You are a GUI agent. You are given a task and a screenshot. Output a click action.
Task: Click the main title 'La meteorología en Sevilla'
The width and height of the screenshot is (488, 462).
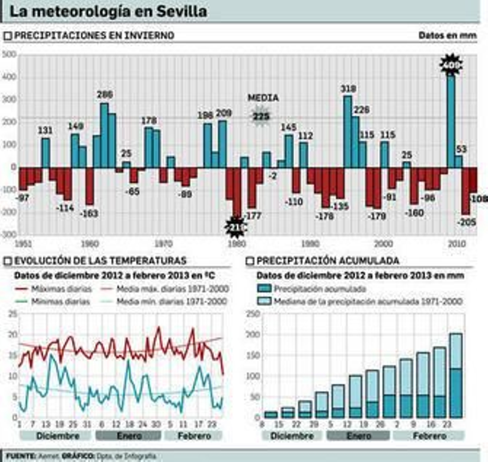[108, 12]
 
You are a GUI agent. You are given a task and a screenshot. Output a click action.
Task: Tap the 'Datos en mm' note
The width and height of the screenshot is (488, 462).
[447, 35]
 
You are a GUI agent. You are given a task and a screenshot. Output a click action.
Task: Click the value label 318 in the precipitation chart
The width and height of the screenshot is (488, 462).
[348, 89]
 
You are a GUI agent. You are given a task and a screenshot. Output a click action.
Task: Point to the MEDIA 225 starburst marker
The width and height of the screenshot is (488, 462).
[261, 116]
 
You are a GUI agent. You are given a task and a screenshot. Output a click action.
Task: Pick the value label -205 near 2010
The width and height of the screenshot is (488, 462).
[466, 222]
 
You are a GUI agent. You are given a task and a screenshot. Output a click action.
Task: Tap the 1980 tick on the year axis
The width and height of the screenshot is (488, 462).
[237, 244]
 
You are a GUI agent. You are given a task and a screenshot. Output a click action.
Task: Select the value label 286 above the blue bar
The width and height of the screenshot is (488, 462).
[105, 95]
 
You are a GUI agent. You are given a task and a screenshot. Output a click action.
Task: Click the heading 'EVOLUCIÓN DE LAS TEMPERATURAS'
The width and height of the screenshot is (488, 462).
[100, 261]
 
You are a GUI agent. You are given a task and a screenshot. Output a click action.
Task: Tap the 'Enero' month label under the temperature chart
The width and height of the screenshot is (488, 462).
[129, 436]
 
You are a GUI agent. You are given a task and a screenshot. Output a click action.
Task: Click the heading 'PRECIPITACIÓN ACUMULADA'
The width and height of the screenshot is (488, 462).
[328, 261]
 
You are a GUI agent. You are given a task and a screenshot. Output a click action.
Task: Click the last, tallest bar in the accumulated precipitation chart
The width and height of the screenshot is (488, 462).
[456, 375]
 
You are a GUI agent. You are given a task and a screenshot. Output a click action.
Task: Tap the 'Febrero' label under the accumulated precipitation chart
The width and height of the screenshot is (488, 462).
[429, 436]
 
